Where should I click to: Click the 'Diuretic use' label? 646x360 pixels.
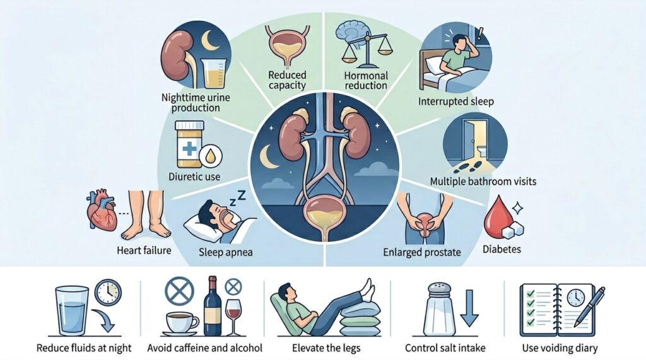[x=194, y=177]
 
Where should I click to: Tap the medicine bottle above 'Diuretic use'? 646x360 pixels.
[x=189, y=144]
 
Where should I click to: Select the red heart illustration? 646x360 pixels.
[x=102, y=210]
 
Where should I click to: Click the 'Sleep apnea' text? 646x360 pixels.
[x=225, y=252]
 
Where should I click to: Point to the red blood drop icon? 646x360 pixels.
[x=496, y=217]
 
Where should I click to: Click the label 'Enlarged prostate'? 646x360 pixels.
[x=422, y=252]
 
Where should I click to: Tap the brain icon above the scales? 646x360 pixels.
[x=351, y=32]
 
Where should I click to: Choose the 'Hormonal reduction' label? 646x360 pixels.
[x=366, y=80]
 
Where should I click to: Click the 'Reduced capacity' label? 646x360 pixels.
[x=287, y=80]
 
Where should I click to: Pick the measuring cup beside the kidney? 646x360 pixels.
[x=214, y=73]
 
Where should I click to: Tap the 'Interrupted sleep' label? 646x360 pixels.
[x=455, y=102]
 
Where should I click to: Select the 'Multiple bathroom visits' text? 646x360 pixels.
[x=483, y=181]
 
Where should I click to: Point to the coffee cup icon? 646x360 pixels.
[x=181, y=323]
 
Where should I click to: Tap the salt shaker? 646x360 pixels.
[x=439, y=309]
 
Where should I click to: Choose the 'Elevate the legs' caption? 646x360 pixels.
[x=326, y=348]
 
